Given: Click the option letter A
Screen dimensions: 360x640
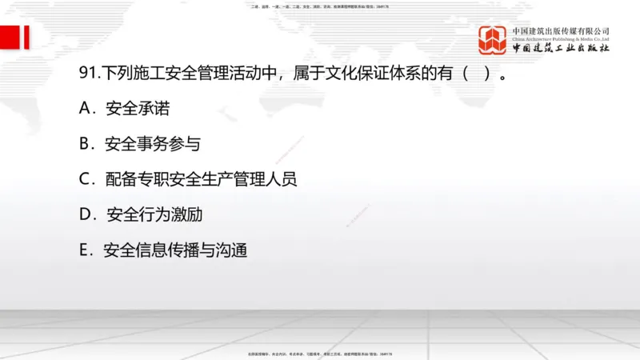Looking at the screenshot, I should [86, 110].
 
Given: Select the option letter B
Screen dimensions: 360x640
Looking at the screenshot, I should [86, 145].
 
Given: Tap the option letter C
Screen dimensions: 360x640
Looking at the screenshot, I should [86, 180].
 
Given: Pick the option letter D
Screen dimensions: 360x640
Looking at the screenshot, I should [86, 215].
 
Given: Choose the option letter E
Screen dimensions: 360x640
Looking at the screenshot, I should [85, 250].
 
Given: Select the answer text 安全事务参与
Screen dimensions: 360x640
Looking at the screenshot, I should [153, 145].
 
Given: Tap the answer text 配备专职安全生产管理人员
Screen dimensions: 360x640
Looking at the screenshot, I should [201, 180].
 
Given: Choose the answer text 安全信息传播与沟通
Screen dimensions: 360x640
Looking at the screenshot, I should [175, 250].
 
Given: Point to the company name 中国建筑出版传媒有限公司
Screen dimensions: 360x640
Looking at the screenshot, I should [561, 30].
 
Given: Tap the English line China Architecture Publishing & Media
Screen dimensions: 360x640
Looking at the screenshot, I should [561, 38].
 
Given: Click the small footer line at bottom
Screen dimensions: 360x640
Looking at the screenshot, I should [320, 354].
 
